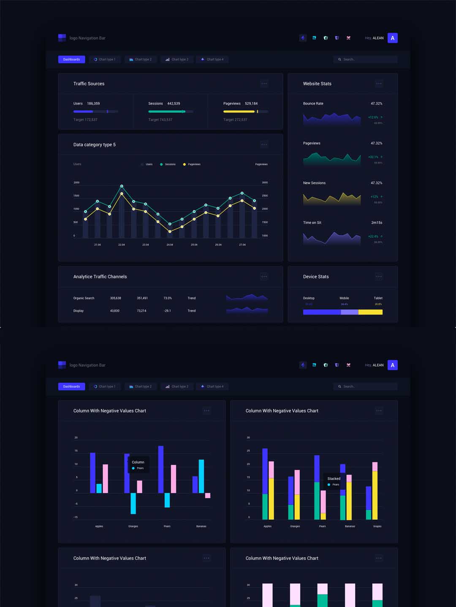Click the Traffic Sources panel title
tap(89, 83)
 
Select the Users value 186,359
tap(93, 103)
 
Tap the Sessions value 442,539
tap(174, 103)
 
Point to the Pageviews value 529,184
tap(251, 103)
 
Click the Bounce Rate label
tap(313, 103)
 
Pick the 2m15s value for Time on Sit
tap(377, 223)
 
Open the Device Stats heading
tap(316, 277)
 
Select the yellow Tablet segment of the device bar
tap(370, 312)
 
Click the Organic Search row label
tap(84, 298)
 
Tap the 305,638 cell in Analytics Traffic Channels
tap(116, 298)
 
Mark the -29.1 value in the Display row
tap(167, 311)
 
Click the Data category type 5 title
tap(95, 145)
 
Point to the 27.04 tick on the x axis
tap(242, 244)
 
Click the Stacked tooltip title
tap(334, 478)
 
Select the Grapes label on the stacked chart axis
tap(377, 526)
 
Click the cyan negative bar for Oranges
tap(133, 503)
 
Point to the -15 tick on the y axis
tap(76, 517)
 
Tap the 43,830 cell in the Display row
tap(115, 311)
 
